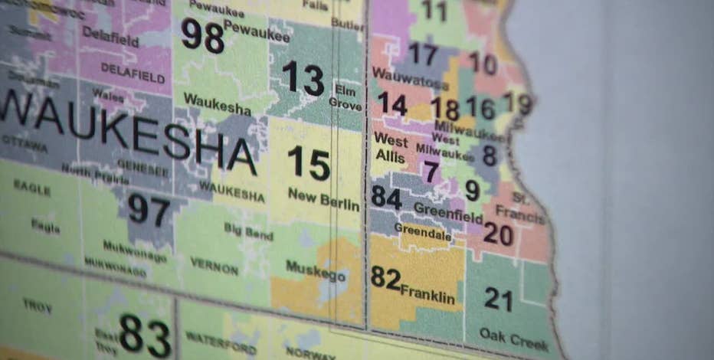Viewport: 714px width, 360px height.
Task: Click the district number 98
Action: (x=202, y=36)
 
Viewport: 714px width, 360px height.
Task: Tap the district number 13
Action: (x=303, y=78)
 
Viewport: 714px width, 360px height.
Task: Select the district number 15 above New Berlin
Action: (x=309, y=163)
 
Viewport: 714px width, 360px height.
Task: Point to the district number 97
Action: (x=149, y=209)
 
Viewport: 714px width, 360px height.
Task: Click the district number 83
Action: (x=145, y=335)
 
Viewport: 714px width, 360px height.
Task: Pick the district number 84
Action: (x=387, y=198)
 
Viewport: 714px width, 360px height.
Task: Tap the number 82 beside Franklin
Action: (x=385, y=277)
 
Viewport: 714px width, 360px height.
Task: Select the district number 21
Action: (x=498, y=299)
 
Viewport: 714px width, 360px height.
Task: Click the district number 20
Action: (x=498, y=234)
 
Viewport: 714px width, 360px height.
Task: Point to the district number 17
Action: (x=423, y=54)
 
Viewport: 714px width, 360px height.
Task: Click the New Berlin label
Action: (x=323, y=200)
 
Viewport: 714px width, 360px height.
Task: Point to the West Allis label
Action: (x=391, y=147)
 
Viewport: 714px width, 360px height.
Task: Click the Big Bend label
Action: (x=248, y=231)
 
